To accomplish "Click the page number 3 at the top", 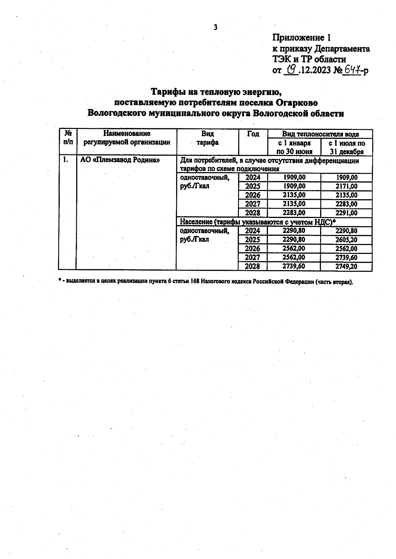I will pos(215,27).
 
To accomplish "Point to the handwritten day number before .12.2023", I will pos(291,70).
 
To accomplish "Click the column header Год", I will pos(253,134).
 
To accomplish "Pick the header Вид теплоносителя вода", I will pos(320,134).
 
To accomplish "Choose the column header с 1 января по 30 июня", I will pos(294,147).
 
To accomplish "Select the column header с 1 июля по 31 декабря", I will pos(346,147).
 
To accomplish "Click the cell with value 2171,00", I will pos(346,186).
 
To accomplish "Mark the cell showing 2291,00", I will pos(346,213).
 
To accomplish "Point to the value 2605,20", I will pos(346,240).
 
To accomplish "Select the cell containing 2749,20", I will pos(346,266).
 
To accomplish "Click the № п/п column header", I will pos(68,138).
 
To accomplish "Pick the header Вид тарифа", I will pos(208,138).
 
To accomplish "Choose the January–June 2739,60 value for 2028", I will pos(294,266).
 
